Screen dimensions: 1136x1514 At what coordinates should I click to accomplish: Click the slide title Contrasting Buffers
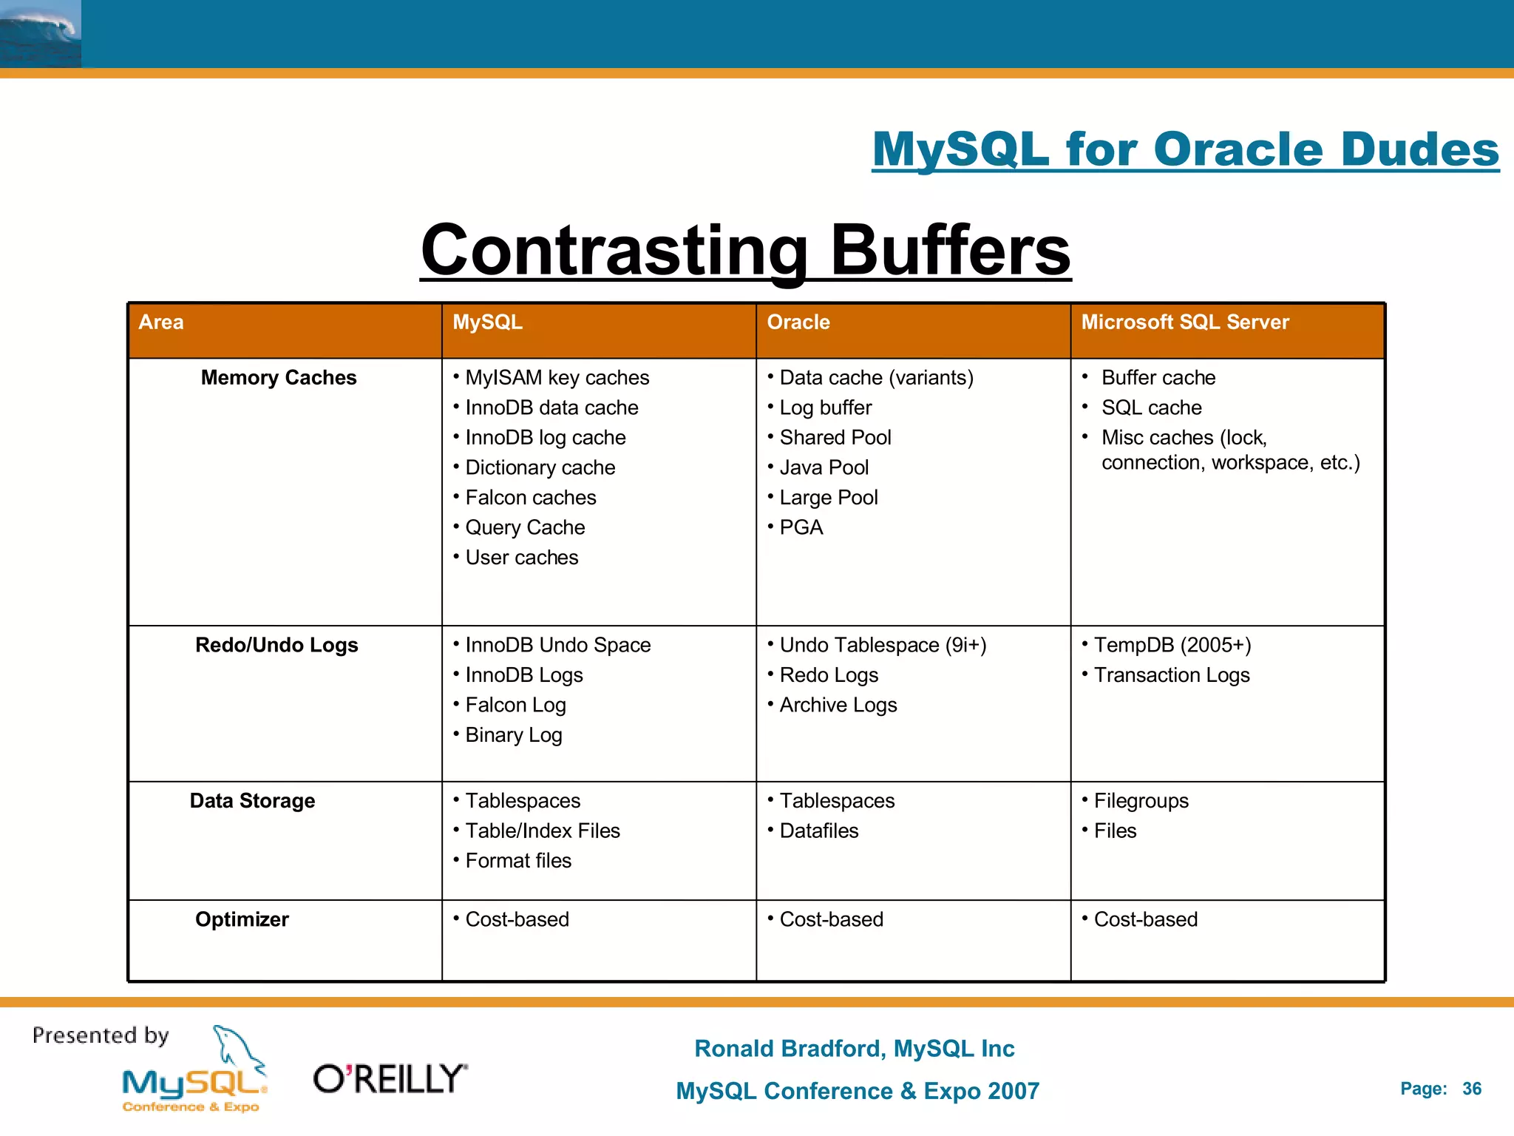[745, 251]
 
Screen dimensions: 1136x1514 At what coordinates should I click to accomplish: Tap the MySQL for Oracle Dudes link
[1185, 150]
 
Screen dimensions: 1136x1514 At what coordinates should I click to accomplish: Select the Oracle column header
[798, 322]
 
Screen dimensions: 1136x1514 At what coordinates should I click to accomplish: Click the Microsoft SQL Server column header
[1184, 322]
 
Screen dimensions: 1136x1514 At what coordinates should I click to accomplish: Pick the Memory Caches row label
[279, 378]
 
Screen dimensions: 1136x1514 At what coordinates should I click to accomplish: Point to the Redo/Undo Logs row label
[276, 646]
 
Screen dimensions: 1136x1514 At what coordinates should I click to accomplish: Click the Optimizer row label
[242, 919]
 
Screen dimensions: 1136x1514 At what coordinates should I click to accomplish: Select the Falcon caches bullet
[530, 498]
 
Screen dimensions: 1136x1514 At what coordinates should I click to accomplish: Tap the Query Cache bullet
[525, 528]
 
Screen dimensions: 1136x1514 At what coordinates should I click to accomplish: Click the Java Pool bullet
[824, 468]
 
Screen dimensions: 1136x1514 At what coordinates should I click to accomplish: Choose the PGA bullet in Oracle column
[801, 528]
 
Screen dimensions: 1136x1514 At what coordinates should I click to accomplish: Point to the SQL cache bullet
[1151, 408]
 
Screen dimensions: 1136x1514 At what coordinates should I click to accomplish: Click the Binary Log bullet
[514, 736]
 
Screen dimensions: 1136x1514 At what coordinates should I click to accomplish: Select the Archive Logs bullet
[838, 706]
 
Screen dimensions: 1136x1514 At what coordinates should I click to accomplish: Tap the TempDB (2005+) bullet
[1172, 646]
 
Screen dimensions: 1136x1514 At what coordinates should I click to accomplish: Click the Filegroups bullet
[1141, 801]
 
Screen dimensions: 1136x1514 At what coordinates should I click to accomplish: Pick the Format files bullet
[518, 861]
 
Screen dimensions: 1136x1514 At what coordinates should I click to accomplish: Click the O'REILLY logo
[390, 1079]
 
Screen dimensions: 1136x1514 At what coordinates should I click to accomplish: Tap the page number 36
[1471, 1089]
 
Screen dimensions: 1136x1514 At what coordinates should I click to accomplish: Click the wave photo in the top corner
[41, 34]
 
